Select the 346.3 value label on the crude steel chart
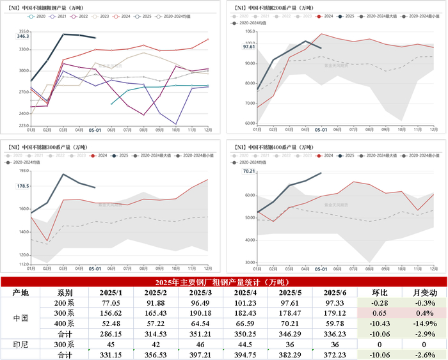pos(22,37)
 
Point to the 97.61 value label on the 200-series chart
pos(248,47)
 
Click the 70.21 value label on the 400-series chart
pos(248,171)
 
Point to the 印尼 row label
pos(20,344)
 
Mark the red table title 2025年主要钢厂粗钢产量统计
pos(223,282)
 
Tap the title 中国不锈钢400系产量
pos(278,146)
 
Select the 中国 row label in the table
pos(20,318)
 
